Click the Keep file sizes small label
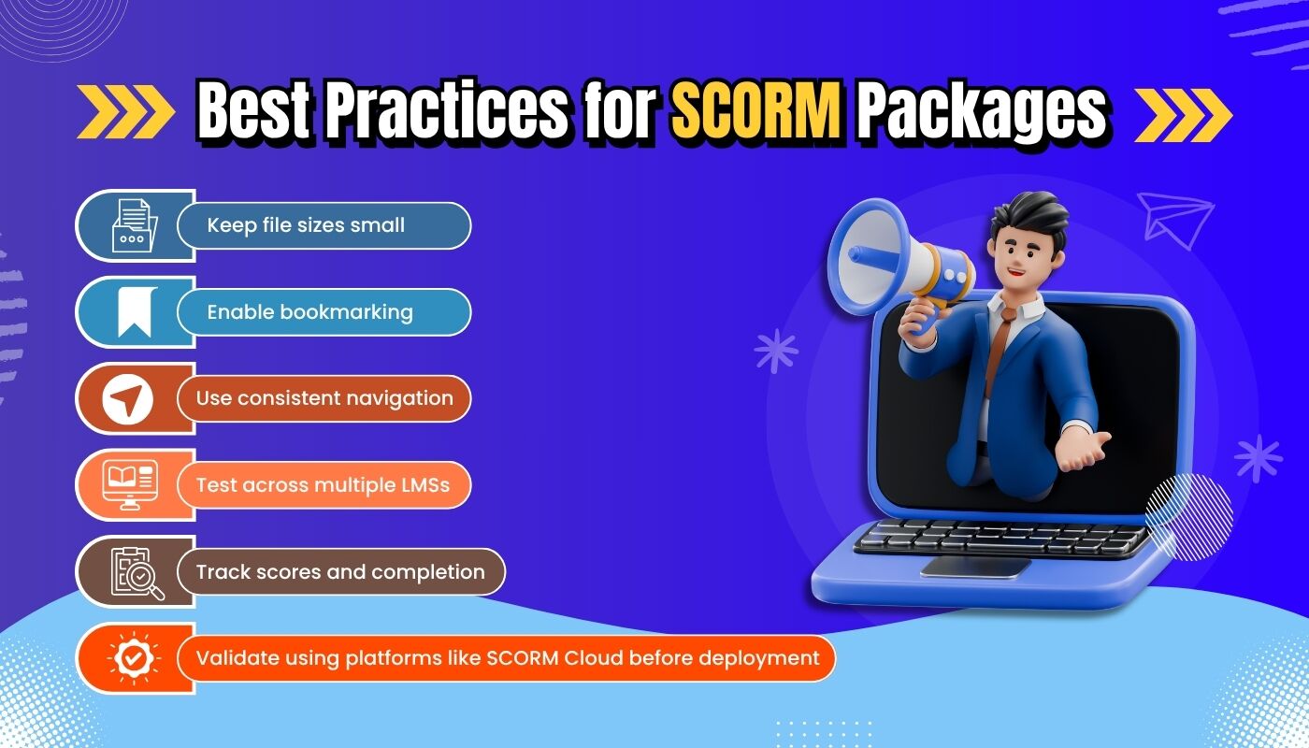306,225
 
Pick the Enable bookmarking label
309,312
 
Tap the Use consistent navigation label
324,398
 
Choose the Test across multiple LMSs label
323,485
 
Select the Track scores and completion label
339,571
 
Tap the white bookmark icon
135,312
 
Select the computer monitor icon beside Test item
130,485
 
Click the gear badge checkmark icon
134,658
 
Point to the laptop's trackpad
975,567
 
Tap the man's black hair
1025,214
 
